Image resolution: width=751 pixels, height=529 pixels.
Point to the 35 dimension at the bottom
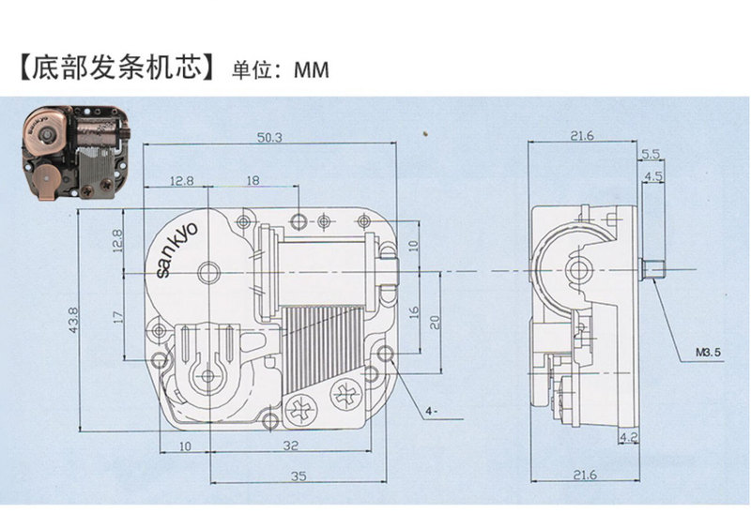coord(299,476)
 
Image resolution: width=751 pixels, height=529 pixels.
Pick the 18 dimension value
coord(253,179)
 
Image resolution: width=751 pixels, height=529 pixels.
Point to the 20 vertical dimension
coord(435,321)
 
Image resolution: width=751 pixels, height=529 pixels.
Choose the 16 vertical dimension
coord(414,310)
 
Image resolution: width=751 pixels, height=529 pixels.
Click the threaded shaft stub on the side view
coord(652,270)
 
